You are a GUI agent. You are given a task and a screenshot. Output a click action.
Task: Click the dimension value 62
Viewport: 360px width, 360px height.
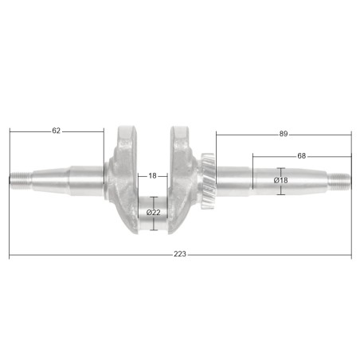click(57, 131)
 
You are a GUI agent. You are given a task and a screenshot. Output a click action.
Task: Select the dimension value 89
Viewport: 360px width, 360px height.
click(284, 134)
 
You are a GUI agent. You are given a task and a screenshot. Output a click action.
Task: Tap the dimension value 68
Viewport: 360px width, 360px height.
click(301, 156)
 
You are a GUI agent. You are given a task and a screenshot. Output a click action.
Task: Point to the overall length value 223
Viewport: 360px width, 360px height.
click(180, 254)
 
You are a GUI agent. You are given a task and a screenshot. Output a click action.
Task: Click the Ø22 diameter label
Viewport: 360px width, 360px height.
click(154, 213)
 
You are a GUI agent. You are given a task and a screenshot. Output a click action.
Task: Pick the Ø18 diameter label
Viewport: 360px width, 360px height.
click(280, 181)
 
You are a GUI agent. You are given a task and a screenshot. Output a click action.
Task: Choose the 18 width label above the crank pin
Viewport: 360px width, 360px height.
click(152, 176)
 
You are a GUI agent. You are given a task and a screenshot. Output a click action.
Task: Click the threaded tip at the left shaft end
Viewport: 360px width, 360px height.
click(22, 181)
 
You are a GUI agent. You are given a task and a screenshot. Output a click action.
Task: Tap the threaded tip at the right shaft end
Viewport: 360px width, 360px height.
click(339, 181)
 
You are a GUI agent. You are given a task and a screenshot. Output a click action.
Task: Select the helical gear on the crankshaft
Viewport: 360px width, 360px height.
click(209, 181)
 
